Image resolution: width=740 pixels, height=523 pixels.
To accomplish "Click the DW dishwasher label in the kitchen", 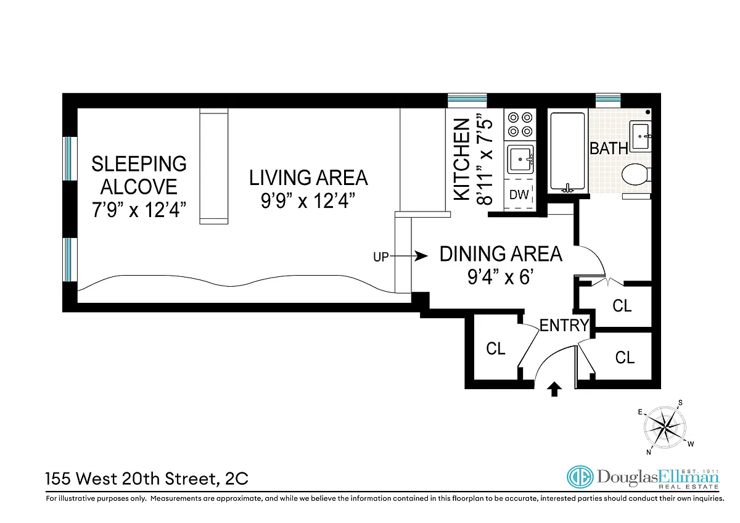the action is (519, 195).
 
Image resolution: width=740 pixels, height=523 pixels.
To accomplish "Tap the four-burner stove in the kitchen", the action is (520, 124).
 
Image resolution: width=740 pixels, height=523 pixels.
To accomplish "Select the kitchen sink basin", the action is (520, 159).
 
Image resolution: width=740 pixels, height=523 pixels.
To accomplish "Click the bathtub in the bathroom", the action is (567, 152).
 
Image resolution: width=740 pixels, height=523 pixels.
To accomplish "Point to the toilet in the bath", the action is (636, 174).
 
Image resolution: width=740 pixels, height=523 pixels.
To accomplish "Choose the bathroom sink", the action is (640, 136).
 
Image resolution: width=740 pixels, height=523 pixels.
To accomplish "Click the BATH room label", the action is (609, 149).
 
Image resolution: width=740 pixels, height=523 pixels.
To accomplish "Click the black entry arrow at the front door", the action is (554, 389).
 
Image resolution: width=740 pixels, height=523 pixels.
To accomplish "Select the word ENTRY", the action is (564, 326).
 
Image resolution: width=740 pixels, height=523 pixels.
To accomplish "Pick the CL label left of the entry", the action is (496, 348).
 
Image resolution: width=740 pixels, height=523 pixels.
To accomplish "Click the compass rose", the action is (664, 428).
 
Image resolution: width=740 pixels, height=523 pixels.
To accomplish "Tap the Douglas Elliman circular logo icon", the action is (580, 477).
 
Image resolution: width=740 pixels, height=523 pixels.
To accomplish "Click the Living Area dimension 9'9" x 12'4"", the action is (308, 200).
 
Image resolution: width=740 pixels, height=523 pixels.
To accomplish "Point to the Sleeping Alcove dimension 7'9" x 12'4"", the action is (139, 210).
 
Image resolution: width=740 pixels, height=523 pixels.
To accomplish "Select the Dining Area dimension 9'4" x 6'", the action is (500, 276).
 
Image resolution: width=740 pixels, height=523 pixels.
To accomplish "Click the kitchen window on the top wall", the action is (467, 101).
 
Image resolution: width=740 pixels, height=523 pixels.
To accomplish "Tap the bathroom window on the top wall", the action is (608, 101).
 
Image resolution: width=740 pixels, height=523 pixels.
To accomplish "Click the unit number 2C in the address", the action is (237, 479).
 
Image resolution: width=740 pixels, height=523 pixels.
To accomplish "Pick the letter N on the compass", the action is (649, 452).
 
